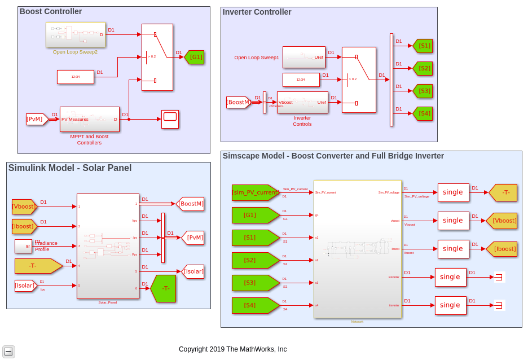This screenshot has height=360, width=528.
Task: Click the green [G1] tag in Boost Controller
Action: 195,57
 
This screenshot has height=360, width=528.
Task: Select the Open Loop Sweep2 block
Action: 76,35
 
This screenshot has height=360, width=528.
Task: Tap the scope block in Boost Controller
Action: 170,119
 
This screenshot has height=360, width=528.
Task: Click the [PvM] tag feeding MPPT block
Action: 37,119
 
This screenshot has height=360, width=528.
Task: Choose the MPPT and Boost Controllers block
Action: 89,119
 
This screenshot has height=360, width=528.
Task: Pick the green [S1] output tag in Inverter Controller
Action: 423,46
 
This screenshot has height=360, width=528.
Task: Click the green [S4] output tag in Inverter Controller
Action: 423,113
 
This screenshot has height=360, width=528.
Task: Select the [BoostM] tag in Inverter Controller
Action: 238,102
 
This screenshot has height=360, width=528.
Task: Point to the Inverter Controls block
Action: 302,102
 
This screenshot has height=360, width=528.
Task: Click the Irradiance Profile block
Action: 23,246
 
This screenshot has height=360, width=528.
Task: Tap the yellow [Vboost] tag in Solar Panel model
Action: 24,207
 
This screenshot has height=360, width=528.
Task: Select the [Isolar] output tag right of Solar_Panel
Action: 193,271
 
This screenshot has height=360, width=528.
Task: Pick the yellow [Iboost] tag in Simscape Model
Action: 503,249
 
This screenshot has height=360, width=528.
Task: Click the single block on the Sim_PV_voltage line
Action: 453,192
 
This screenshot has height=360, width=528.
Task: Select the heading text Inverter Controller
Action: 257,12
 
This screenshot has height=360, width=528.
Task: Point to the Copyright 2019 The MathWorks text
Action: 232,349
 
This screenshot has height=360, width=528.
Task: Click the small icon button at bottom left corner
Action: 8,352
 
